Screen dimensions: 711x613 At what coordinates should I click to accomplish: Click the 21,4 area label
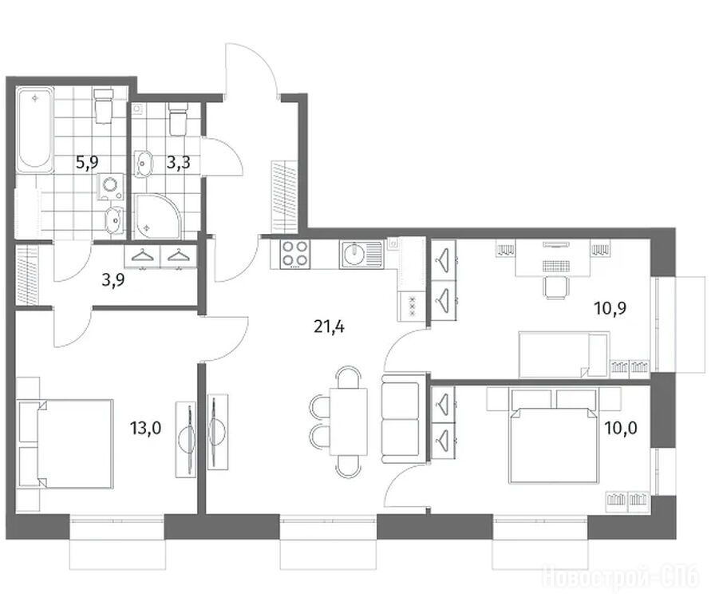click(329, 326)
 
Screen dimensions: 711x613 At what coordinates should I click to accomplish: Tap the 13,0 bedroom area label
click(145, 428)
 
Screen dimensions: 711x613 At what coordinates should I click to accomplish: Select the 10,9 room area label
click(610, 309)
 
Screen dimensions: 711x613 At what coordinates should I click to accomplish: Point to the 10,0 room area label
click(621, 428)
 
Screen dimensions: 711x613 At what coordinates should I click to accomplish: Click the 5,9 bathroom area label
click(87, 162)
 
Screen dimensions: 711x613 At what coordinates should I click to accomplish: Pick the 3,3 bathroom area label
click(178, 162)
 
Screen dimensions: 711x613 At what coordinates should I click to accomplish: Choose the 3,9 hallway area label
click(113, 280)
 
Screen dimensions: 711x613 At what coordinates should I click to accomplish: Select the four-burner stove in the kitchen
click(295, 255)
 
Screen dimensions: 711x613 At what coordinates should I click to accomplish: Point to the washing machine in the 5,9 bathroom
click(111, 186)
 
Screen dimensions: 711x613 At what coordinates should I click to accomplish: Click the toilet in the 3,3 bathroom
click(178, 118)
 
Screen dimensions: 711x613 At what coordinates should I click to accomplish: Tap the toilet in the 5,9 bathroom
click(104, 106)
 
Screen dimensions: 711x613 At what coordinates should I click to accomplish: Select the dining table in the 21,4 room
click(348, 421)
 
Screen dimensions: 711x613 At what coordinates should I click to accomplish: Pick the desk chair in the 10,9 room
click(555, 287)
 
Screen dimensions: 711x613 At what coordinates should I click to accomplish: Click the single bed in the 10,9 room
click(563, 354)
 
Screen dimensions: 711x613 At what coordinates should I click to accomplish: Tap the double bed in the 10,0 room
click(553, 445)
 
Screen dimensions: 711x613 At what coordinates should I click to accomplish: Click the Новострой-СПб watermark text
click(621, 577)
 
